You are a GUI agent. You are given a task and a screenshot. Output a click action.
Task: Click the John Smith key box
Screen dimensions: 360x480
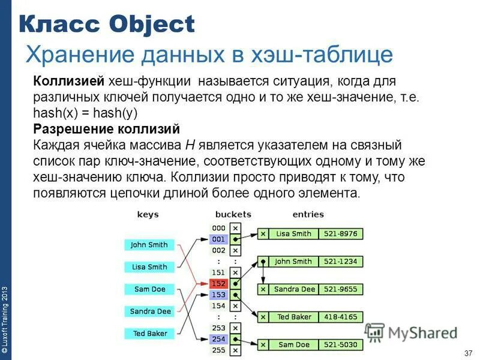click(149, 245)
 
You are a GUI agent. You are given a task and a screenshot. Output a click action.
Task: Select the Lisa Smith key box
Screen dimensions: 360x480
click(149, 267)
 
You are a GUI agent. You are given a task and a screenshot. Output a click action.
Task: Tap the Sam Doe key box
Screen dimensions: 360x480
click(149, 289)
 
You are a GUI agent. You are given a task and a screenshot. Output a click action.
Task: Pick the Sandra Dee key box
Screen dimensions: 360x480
click(150, 311)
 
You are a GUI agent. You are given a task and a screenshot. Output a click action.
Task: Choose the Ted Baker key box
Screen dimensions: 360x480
click(149, 334)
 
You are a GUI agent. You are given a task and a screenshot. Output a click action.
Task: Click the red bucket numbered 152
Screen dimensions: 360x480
click(218, 283)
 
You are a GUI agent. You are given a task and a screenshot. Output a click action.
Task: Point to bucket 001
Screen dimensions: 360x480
click(218, 239)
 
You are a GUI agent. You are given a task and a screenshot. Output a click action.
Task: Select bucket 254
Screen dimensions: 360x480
click(218, 339)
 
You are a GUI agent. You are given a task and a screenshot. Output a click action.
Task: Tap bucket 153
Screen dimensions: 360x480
click(218, 295)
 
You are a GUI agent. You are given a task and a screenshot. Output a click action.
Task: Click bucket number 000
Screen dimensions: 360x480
click(218, 228)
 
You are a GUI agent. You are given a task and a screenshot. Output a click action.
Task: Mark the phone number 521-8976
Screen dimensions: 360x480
click(340, 234)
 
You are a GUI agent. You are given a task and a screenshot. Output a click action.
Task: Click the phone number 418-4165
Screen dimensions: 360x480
click(340, 317)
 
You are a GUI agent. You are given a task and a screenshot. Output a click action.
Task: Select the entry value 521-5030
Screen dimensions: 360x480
click(340, 345)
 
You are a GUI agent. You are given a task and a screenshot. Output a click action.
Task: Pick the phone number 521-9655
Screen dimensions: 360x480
click(340, 289)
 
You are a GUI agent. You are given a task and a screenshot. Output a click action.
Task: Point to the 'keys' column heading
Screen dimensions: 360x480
click(148, 214)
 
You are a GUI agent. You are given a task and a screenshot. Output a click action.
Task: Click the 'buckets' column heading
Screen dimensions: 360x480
click(233, 214)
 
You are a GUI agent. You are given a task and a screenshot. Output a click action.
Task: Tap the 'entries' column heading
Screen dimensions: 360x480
click(308, 214)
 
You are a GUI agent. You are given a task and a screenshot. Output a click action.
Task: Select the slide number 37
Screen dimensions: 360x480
click(469, 352)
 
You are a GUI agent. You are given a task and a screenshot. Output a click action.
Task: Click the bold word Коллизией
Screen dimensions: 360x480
click(70, 81)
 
